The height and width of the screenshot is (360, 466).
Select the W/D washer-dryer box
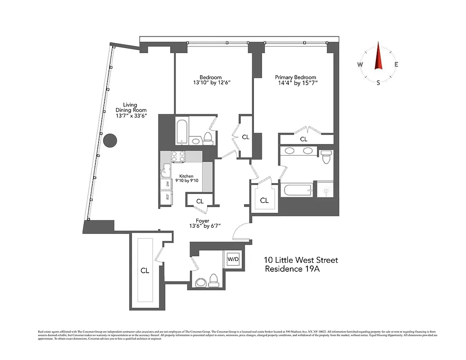click(x=233, y=259)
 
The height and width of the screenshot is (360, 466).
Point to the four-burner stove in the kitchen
click(x=178, y=156)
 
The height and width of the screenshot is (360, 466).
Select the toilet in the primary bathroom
click(x=326, y=157)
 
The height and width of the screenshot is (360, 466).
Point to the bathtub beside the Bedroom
click(x=182, y=132)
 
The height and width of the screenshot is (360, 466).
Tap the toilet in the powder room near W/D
click(x=213, y=280)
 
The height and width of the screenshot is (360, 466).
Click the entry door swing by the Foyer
click(x=240, y=232)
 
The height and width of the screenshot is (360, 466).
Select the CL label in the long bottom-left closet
click(x=145, y=271)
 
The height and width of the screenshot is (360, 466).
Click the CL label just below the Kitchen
click(x=200, y=202)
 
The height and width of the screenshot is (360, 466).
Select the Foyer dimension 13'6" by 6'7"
click(x=202, y=226)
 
